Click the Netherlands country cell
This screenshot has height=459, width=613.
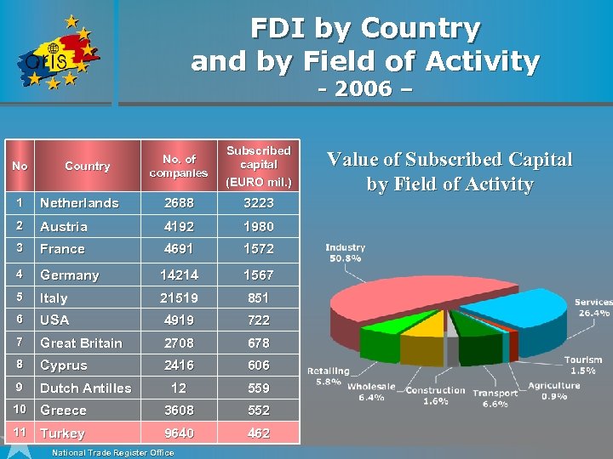pyautogui.click(x=79, y=203)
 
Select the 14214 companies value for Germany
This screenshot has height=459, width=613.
pyautogui.click(x=179, y=275)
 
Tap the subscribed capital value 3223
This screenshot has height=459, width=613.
pyautogui.click(x=259, y=203)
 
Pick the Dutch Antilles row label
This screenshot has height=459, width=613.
pyautogui.click(x=86, y=388)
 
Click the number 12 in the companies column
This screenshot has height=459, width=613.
pyautogui.click(x=179, y=388)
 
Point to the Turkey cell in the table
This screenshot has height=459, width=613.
pyautogui.click(x=63, y=433)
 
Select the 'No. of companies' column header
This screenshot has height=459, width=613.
pyautogui.click(x=179, y=166)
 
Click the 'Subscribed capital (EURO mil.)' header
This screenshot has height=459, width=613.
pyautogui.click(x=259, y=166)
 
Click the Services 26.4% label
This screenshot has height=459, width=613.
pyautogui.click(x=593, y=307)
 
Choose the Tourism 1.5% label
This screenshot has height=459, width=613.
pyautogui.click(x=583, y=365)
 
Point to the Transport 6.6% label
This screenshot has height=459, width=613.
pyautogui.click(x=495, y=398)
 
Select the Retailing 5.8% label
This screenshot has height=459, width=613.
pyautogui.click(x=328, y=377)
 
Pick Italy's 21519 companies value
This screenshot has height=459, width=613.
pyautogui.click(x=179, y=297)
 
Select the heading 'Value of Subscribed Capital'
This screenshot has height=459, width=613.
pyautogui.click(x=450, y=160)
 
